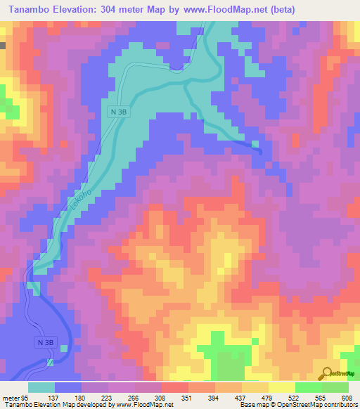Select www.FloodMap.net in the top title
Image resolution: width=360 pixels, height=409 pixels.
click(217, 9)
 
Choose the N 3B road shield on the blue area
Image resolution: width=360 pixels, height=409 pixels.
click(44, 342)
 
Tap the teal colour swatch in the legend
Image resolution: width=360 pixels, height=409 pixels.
click(41, 388)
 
